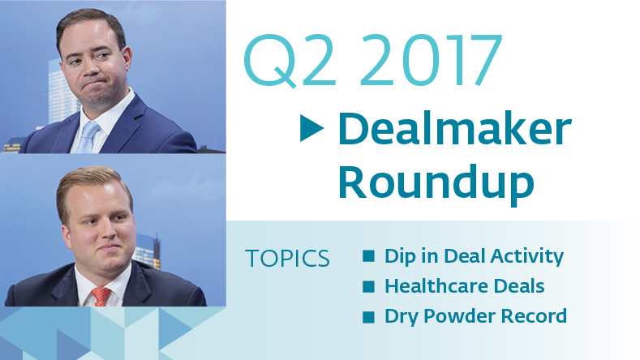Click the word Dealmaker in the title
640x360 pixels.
click(455, 129)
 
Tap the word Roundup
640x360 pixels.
click(436, 184)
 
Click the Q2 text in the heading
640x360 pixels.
click(290, 62)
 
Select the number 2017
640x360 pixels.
click(431, 61)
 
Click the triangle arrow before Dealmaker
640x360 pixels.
click(311, 128)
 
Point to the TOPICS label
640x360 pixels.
click(287, 259)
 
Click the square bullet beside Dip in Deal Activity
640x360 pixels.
click(368, 256)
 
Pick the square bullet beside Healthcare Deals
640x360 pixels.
click(368, 286)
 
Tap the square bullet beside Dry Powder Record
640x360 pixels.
click(368, 317)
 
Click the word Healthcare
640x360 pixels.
click(436, 285)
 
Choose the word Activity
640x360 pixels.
click(527, 257)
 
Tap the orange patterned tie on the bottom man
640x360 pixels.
click(101, 296)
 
